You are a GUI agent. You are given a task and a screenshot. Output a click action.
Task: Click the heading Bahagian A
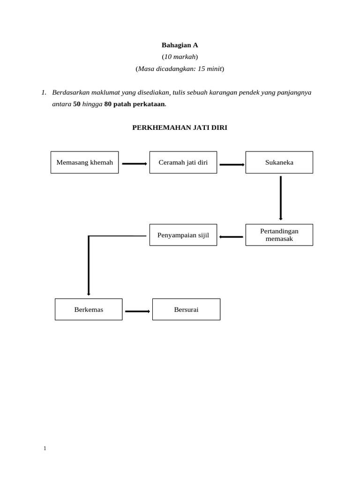coord(180,45)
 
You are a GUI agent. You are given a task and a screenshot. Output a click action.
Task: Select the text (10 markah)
coord(180,57)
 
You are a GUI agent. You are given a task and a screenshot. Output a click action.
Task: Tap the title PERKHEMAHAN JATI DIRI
coord(180,127)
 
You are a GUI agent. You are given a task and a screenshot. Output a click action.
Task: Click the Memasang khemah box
coord(85,163)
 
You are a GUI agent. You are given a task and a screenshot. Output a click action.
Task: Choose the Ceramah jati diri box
coord(183,163)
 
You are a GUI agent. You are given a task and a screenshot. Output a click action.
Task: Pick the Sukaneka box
coord(279,163)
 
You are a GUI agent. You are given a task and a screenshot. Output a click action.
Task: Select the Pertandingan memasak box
coord(279,235)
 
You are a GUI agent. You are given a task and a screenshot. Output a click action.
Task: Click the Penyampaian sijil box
coord(183,235)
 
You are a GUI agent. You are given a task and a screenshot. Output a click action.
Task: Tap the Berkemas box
coord(89,309)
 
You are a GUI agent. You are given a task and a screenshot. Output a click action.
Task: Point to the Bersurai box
coord(186,309)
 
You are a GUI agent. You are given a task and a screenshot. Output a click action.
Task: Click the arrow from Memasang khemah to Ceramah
coord(135,164)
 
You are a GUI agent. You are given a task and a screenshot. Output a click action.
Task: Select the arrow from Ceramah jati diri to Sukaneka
coord(232,165)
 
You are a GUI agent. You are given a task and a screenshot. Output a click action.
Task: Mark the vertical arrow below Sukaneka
coord(281,198)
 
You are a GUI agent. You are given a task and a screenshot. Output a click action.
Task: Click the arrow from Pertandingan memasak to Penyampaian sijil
coord(232,237)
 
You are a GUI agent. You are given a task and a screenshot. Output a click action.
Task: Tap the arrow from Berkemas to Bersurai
coord(137,311)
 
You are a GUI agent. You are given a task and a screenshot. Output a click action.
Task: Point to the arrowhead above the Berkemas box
coord(89,293)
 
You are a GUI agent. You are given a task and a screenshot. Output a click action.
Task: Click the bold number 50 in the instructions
coord(77,104)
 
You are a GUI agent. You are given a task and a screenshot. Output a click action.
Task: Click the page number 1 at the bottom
coord(45,449)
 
